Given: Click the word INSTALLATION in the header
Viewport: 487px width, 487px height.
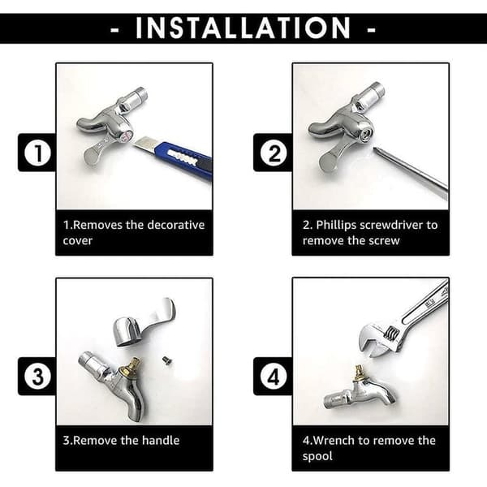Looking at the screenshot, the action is (243, 28).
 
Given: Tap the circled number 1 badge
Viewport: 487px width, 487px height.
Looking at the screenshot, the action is (37, 153).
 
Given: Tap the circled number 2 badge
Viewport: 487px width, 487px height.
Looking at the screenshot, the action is (274, 153).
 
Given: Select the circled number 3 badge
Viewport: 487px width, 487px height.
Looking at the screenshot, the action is (37, 377).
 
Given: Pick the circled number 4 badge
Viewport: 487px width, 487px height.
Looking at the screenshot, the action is (274, 377).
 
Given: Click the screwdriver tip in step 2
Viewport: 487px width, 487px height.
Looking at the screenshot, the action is (375, 149).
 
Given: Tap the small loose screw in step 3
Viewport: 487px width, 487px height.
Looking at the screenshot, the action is (167, 360).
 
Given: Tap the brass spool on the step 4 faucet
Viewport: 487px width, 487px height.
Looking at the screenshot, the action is (360, 374).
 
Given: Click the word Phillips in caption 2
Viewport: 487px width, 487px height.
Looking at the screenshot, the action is (336, 225).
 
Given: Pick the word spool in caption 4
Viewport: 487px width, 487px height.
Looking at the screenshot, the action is (317, 456).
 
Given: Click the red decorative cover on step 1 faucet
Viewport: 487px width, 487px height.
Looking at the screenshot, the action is (127, 136).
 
